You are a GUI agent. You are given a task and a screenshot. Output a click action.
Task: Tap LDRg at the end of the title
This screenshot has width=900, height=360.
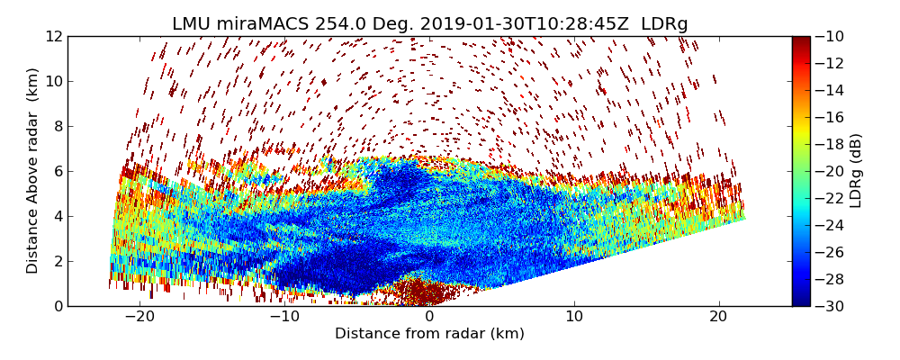(664, 24)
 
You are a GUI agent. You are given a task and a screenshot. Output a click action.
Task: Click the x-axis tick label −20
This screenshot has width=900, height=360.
(139, 317)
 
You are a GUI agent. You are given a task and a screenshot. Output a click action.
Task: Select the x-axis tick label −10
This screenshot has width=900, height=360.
(284, 317)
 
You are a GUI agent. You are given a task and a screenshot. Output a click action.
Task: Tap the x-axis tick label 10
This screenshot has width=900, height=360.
(574, 317)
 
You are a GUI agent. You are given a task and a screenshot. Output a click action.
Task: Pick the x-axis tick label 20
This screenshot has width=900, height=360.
(718, 317)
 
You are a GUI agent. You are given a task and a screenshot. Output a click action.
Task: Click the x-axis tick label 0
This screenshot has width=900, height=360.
(429, 317)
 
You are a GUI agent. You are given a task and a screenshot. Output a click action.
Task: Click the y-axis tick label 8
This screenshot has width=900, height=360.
(58, 126)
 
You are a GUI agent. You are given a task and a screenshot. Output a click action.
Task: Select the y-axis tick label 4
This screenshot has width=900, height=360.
(58, 216)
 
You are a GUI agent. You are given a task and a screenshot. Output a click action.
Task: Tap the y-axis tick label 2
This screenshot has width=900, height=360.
(58, 261)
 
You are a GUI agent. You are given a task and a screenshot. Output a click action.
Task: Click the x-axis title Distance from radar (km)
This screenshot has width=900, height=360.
(429, 334)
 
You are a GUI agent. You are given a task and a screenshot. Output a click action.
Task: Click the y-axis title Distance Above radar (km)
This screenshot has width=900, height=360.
(33, 170)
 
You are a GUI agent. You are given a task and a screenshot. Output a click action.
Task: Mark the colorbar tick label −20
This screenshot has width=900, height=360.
(833, 171)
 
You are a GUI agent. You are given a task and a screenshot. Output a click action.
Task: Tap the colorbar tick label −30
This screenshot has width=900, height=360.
(833, 306)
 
